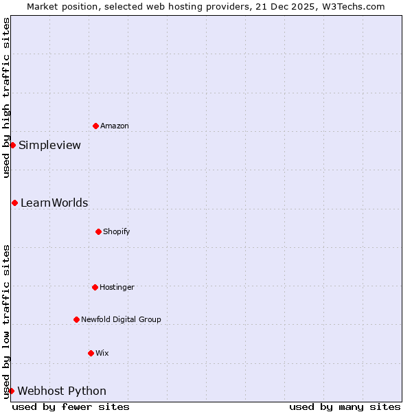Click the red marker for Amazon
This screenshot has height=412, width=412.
tap(95, 126)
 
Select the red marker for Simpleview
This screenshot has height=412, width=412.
tap(12, 145)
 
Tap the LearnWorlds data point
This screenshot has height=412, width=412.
tap(14, 203)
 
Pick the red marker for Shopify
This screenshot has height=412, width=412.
tap(98, 231)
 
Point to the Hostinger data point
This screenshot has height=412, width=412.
tap(95, 287)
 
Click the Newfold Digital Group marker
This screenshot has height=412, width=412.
tap(76, 319)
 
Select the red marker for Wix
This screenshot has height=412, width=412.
tap(91, 353)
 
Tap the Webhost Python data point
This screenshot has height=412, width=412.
tap(11, 391)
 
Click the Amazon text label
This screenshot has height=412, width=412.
tap(115, 126)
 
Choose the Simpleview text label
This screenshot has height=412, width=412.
tap(49, 145)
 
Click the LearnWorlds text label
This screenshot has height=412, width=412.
tap(54, 203)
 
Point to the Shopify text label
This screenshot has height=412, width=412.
tap(117, 231)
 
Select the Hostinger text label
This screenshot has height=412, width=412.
tap(117, 287)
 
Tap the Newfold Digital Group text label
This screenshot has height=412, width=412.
tap(121, 319)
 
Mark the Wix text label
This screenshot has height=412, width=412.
tap(102, 353)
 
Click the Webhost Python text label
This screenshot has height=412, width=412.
tap(62, 391)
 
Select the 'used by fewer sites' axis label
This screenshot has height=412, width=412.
tap(71, 407)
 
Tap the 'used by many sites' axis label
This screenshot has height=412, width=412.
tap(345, 407)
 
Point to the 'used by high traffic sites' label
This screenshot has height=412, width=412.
tap(6, 98)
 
